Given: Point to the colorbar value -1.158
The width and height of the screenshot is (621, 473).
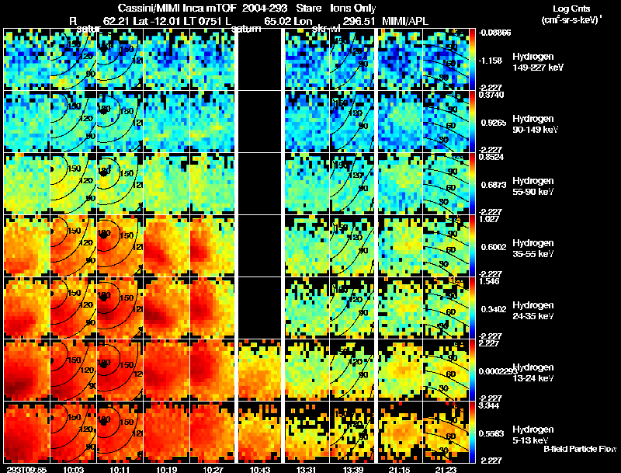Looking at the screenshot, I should (492, 60).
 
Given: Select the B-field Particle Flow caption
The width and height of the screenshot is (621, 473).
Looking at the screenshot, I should (580, 448).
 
